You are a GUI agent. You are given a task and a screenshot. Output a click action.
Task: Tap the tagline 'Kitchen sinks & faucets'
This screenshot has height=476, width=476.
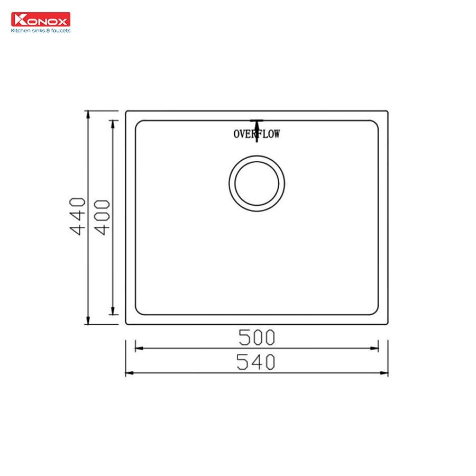[x=40, y=31]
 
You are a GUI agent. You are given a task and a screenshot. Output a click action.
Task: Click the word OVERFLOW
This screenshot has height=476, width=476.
[x=257, y=134]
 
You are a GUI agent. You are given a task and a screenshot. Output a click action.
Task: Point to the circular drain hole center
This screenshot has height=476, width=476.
[x=257, y=184]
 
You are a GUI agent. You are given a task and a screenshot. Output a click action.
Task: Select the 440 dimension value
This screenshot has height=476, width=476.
[x=78, y=216]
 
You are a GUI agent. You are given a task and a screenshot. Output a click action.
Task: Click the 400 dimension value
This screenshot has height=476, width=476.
[x=103, y=217]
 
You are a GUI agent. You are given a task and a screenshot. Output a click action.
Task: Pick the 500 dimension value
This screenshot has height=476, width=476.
[x=257, y=336]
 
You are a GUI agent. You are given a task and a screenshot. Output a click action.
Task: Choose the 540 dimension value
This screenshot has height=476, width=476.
[x=257, y=362]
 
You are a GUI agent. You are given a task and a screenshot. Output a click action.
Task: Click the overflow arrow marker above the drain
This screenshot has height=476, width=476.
[x=257, y=127]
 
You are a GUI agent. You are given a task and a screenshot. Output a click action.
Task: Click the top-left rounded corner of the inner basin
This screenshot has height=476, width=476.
[x=139, y=124]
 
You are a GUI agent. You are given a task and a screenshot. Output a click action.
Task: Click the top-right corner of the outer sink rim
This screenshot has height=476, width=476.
[x=388, y=112]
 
